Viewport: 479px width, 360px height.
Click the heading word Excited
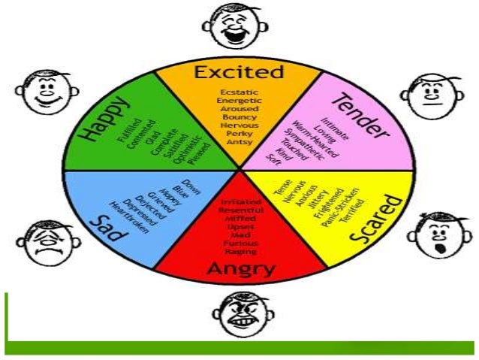tap(239, 73)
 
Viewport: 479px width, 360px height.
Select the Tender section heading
tap(361, 116)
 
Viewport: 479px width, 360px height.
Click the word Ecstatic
tap(239, 92)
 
